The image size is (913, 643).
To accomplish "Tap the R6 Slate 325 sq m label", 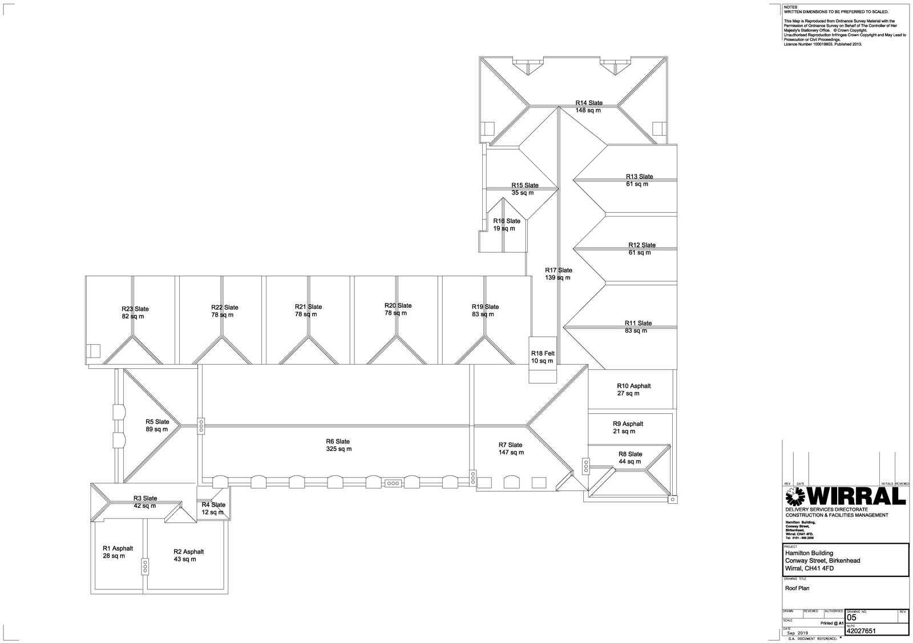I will pos(338,445).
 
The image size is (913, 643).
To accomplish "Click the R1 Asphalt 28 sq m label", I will pos(117,552).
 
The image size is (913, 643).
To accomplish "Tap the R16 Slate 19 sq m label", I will pos(506,225).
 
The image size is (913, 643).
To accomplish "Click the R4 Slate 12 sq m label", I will pos(213,508).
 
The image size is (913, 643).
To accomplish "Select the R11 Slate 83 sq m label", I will pos(637,327).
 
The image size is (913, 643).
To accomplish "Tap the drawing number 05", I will pos(851,617).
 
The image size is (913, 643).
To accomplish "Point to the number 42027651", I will pos(861,631).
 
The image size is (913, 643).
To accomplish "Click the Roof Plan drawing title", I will pos(797,588).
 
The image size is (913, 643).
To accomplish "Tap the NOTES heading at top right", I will pos(790,7).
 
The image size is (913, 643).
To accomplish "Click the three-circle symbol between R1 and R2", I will pos(145,567).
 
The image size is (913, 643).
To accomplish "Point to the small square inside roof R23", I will pos(94,351).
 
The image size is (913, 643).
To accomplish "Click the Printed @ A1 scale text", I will pos(831,624).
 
